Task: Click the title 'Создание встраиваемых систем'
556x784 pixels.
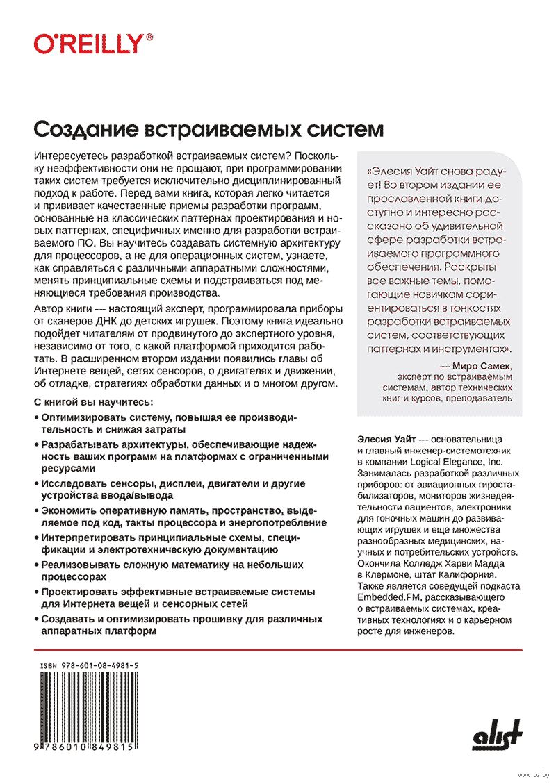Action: point(208,130)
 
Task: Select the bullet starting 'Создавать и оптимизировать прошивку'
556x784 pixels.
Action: point(181,624)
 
